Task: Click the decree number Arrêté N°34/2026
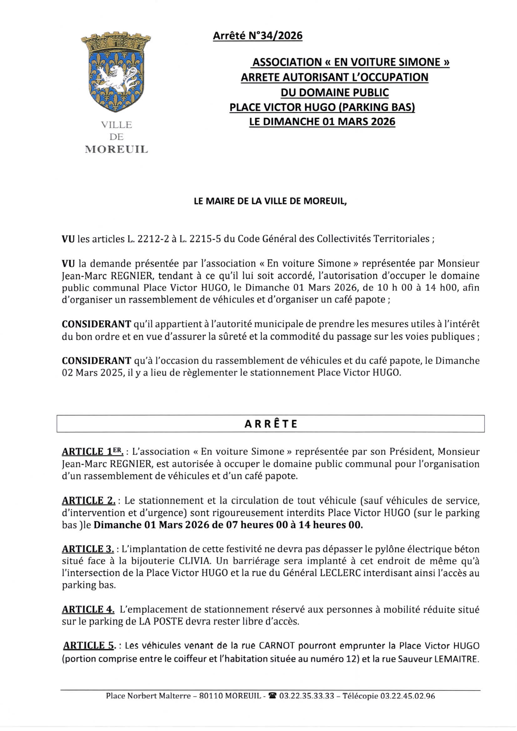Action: pos(258,35)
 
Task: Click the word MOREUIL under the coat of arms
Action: pos(117,149)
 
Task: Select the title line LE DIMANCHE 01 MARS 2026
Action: pos(322,122)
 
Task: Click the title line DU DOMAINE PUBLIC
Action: pos(334,92)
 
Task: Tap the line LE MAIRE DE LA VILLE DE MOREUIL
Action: pos(270,201)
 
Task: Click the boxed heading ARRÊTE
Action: pos(271,424)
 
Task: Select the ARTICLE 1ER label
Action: pos(92,452)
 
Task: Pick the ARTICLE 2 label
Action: pos(88,501)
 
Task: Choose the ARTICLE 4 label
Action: pos(88,609)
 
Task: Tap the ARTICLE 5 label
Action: pos(89,646)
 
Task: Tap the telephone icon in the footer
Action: pos(273,696)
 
